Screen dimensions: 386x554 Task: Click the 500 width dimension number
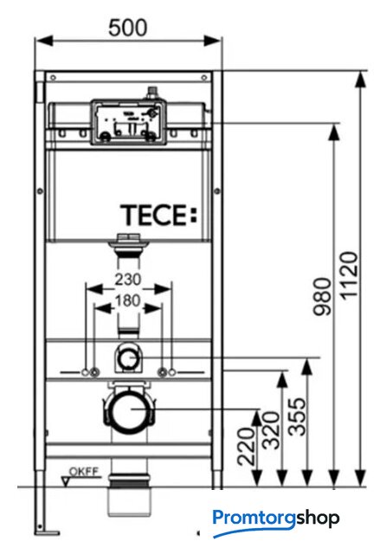click(127, 28)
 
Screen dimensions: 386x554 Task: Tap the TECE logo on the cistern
click(158, 215)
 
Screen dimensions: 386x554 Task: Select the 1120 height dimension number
click(350, 275)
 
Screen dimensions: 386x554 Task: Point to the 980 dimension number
click(323, 296)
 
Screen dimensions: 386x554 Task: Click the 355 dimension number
click(297, 416)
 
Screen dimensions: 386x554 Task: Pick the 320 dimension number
click(271, 430)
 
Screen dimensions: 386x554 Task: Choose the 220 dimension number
click(246, 447)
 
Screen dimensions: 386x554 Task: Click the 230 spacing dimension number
click(127, 280)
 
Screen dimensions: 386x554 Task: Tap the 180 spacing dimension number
click(127, 301)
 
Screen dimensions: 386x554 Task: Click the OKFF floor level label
click(84, 472)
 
